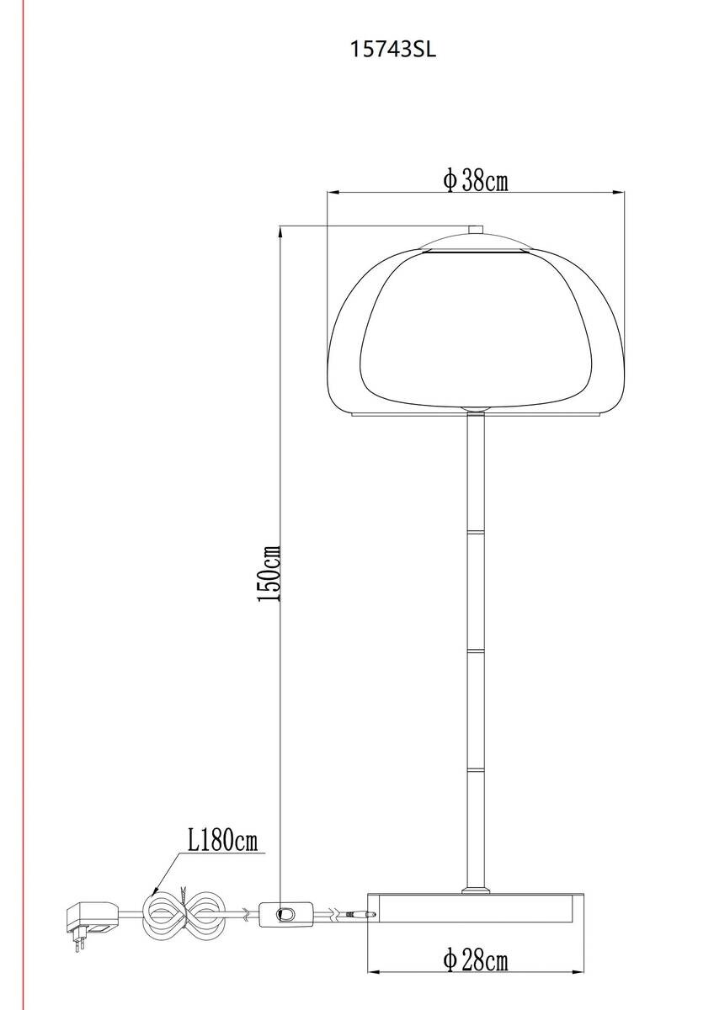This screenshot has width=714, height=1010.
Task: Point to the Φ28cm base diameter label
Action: [475, 959]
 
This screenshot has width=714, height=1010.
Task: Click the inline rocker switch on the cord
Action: [286, 913]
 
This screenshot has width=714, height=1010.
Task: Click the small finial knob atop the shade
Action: [476, 229]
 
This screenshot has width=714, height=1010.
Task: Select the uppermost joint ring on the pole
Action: [476, 532]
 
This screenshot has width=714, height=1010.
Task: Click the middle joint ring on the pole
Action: [476, 651]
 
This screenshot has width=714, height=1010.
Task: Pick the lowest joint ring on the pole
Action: [476, 769]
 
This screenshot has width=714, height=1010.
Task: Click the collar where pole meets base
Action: [476, 888]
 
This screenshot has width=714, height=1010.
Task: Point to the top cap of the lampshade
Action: [476, 242]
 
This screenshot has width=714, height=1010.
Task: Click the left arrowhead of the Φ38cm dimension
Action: [331, 193]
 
